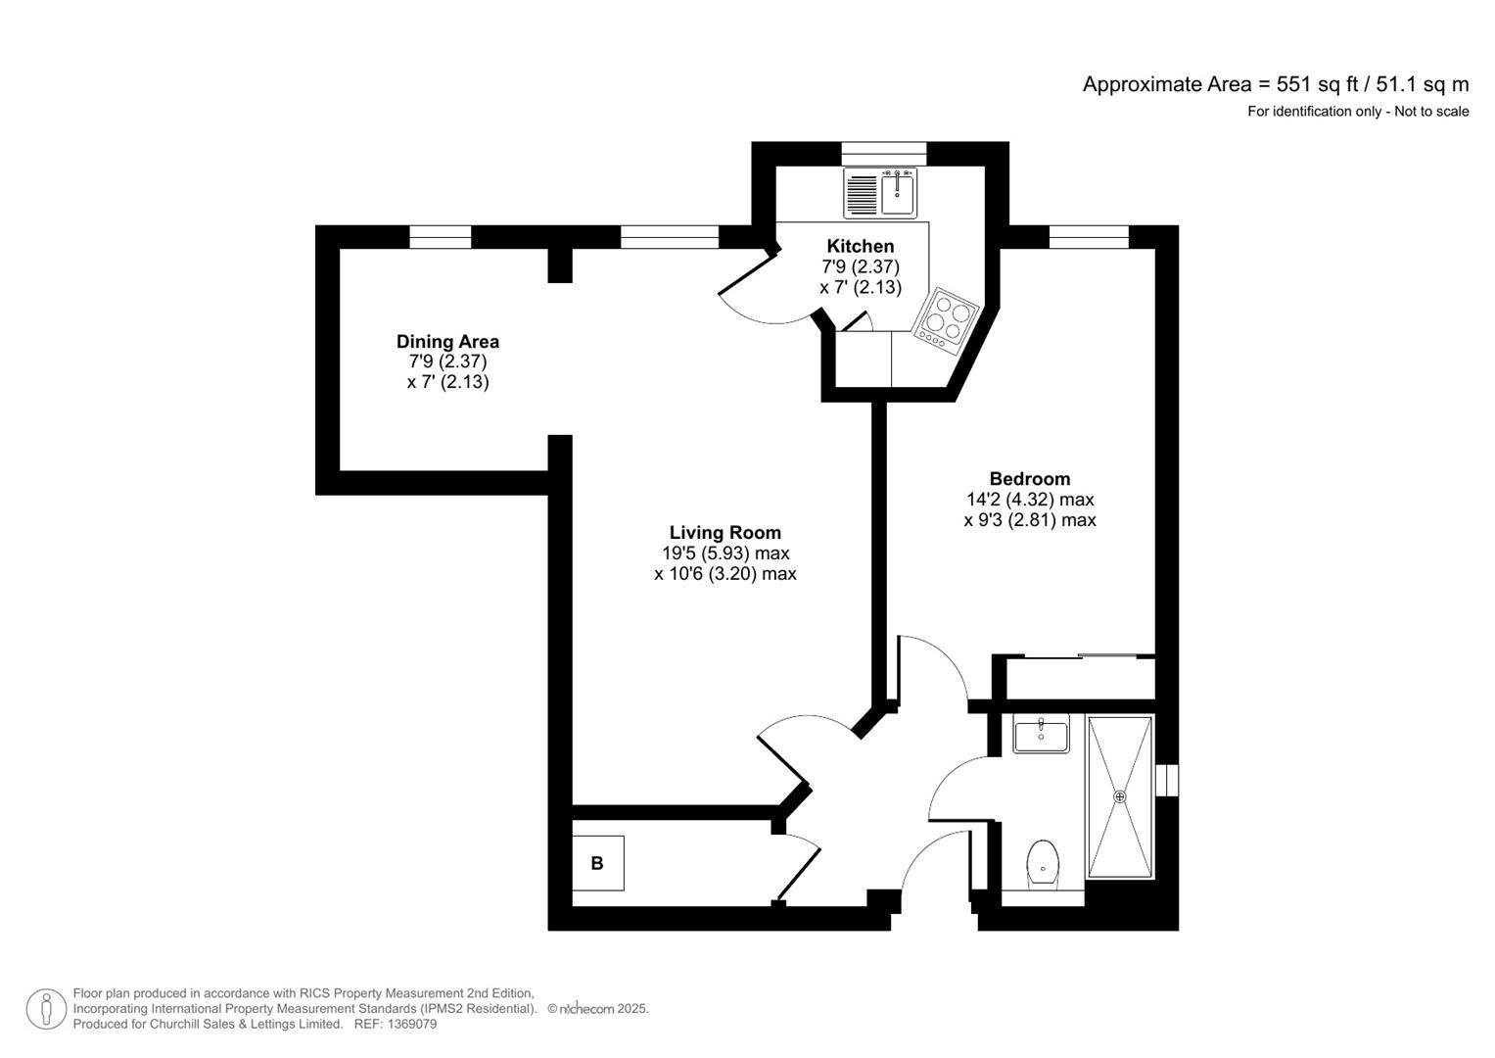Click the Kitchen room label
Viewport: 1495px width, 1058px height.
point(860,246)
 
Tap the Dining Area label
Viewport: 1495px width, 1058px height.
point(447,341)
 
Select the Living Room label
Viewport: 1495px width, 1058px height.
point(724,532)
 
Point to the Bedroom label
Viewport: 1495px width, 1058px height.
point(1029,478)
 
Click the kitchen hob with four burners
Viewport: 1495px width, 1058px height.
point(946,320)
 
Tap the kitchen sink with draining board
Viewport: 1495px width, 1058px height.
point(880,193)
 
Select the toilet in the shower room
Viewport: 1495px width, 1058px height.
point(1042,864)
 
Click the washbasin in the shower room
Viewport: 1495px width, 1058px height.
point(1041,734)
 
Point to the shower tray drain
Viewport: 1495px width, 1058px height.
point(1119,796)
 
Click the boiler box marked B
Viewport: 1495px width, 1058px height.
point(598,863)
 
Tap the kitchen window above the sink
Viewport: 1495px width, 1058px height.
point(884,154)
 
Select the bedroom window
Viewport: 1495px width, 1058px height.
point(1089,237)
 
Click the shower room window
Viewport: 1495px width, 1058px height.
point(1167,780)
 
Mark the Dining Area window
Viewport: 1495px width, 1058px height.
point(440,237)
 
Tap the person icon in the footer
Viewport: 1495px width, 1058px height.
point(46,1009)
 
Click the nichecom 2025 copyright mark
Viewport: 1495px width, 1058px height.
point(598,1009)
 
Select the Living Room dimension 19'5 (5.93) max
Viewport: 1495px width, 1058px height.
point(724,553)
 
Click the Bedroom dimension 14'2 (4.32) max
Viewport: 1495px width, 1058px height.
point(1030,499)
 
